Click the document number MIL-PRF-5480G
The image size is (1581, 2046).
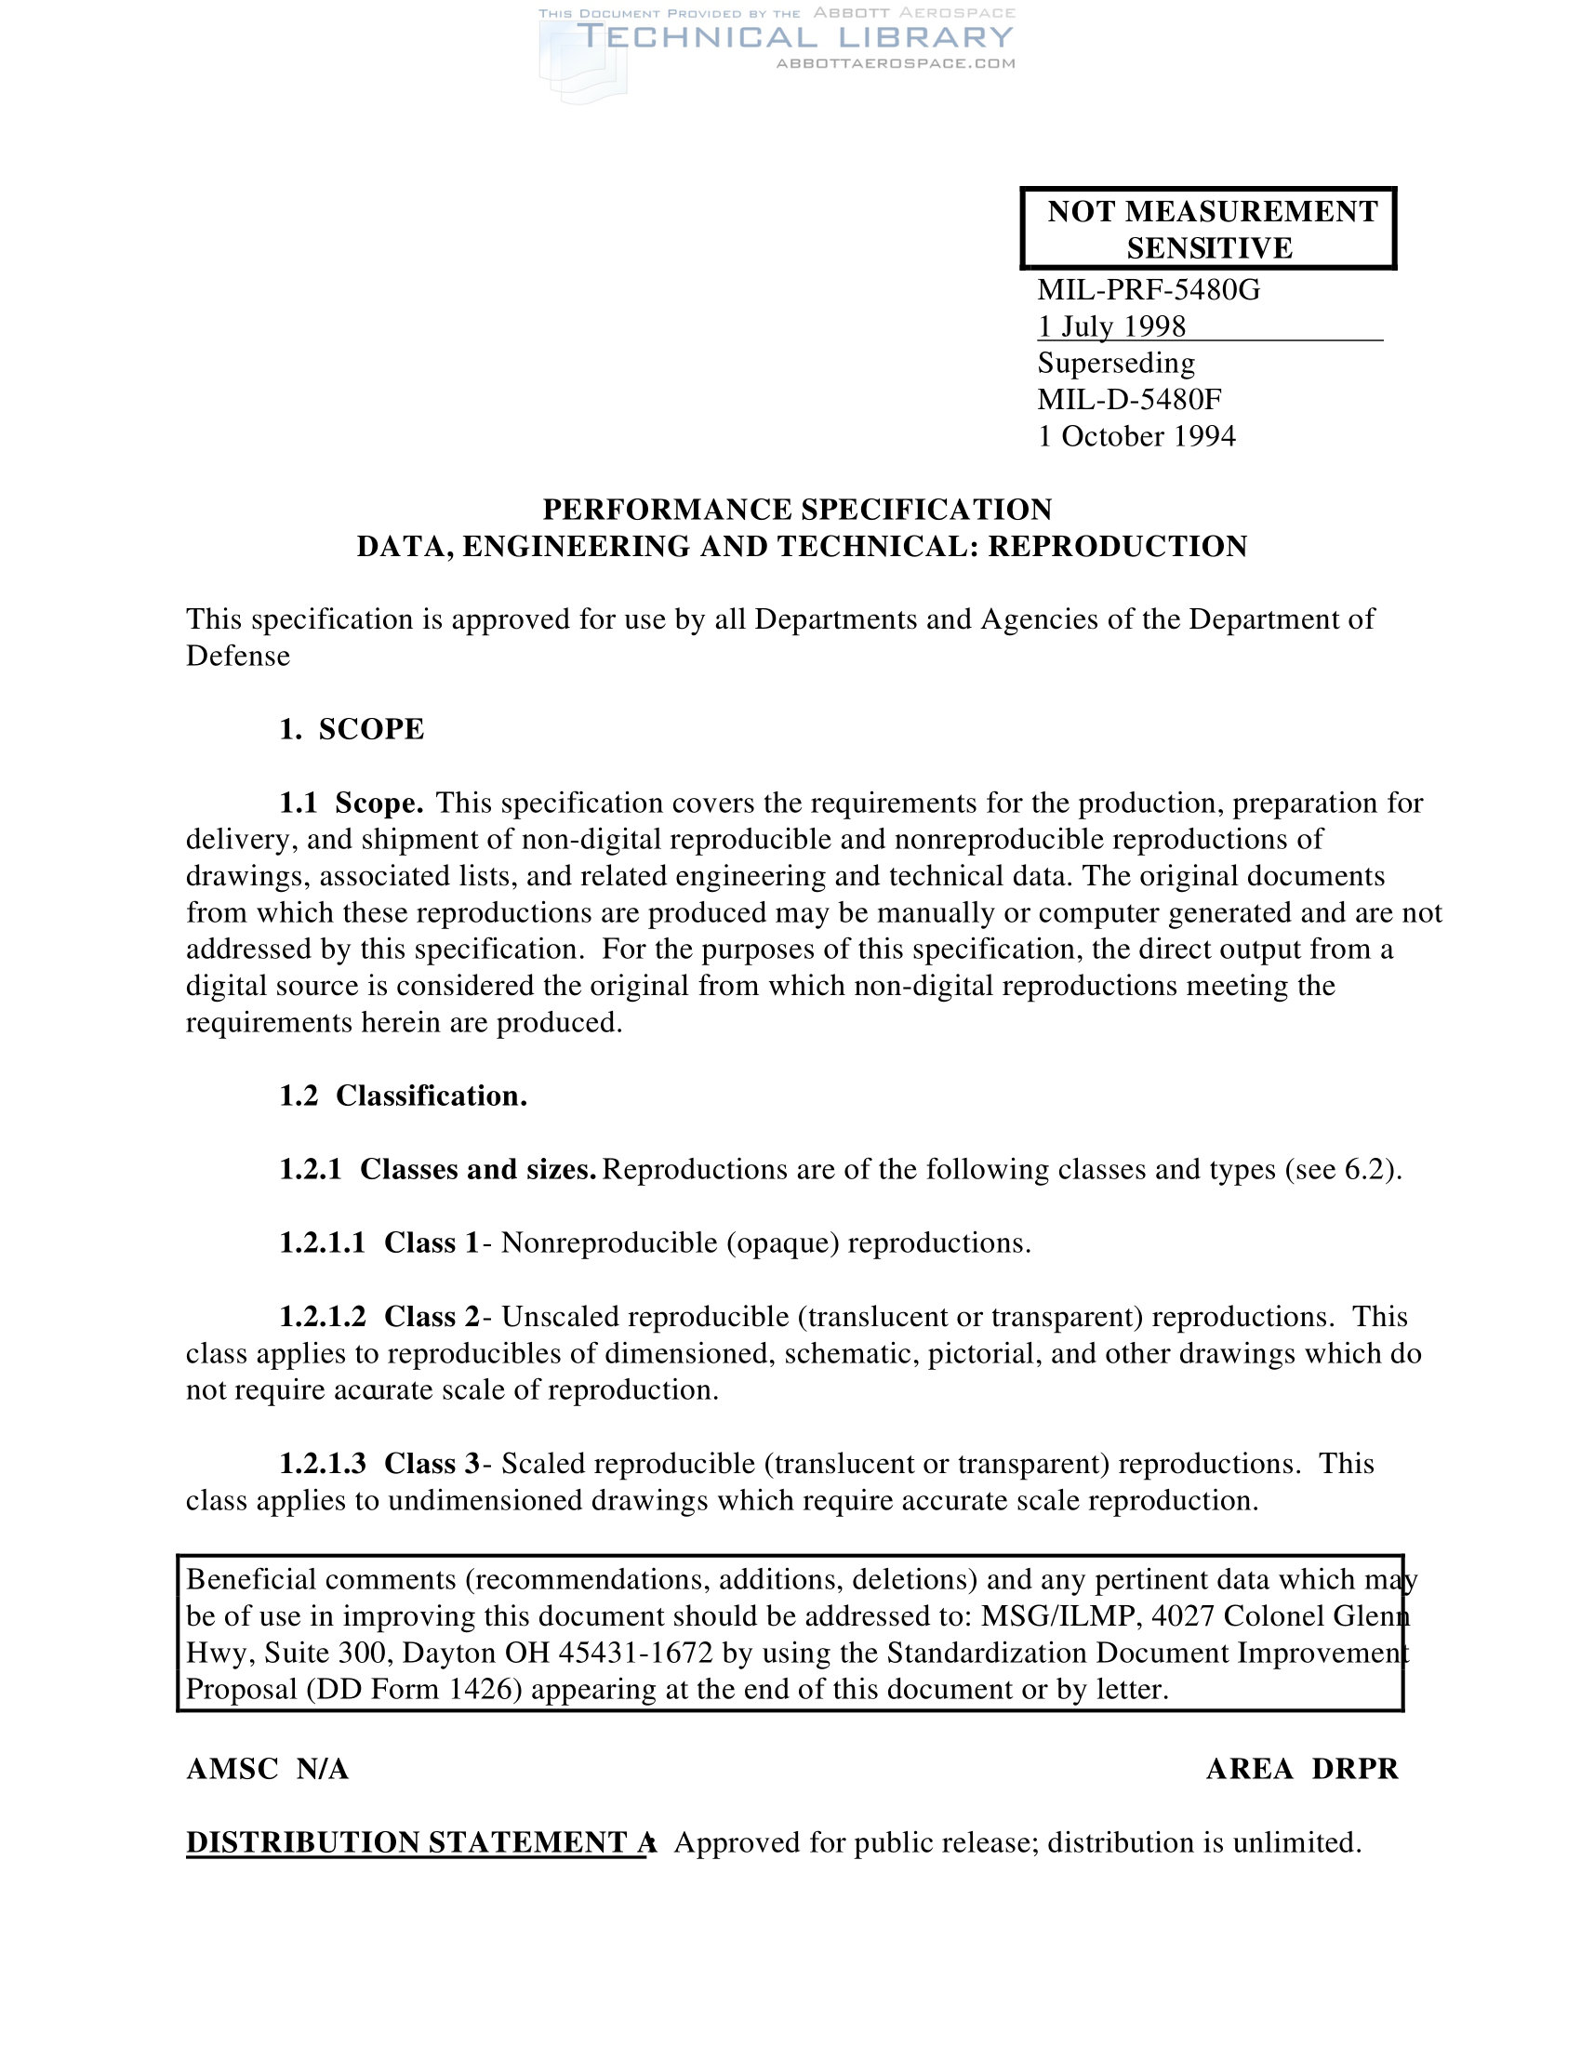[1149, 290]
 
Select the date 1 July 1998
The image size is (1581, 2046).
[1111, 327]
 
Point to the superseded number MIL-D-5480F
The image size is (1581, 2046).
[1130, 400]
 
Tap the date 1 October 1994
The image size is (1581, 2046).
[1136, 436]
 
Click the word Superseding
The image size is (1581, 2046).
[1116, 364]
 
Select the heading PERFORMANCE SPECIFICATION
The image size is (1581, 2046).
[797, 510]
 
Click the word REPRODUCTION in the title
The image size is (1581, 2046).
[1117, 546]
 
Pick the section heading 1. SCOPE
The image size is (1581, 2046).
[352, 729]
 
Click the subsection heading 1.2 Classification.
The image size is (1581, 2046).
[403, 1096]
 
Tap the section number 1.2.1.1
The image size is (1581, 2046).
[322, 1243]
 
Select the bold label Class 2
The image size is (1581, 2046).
[432, 1317]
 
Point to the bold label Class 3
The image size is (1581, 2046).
[432, 1463]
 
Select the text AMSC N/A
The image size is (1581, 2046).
[268, 1769]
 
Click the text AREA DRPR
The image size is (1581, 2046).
[1302, 1769]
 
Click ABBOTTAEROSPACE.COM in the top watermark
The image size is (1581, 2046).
[896, 63]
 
